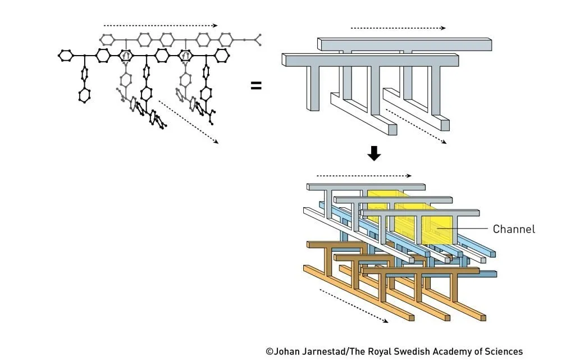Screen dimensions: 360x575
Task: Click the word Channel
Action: [x=514, y=229]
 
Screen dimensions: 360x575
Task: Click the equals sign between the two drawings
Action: [x=256, y=86]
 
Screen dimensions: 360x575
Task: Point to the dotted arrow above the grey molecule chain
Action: [x=160, y=25]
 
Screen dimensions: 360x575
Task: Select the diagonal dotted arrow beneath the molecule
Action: [x=189, y=122]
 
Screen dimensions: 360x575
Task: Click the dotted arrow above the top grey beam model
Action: [x=398, y=28]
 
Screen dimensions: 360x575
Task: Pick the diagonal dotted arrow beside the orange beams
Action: [x=353, y=306]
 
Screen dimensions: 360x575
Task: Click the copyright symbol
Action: [x=270, y=352]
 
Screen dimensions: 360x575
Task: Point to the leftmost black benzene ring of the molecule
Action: [x=66, y=55]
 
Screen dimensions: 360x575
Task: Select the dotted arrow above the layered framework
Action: [x=363, y=175]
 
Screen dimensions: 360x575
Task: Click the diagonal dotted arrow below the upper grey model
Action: [x=416, y=126]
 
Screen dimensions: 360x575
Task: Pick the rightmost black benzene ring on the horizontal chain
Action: [x=222, y=55]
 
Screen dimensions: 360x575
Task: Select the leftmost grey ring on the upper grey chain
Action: [x=107, y=39]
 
